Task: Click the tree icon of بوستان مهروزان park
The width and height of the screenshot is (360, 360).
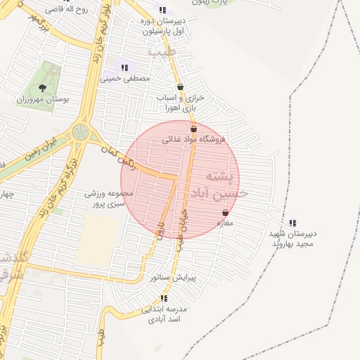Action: point(43,88)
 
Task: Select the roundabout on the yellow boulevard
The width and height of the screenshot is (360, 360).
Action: point(81,131)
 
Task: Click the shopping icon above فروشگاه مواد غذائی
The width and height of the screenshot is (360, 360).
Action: point(194,129)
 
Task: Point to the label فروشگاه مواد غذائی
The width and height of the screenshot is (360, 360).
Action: point(194,139)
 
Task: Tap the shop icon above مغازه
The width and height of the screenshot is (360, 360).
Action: point(225,212)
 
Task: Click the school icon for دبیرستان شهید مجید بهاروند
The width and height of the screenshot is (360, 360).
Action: point(293,223)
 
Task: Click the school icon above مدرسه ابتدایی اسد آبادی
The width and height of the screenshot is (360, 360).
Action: point(164,298)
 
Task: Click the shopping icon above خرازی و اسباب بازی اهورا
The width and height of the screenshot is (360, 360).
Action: point(181,86)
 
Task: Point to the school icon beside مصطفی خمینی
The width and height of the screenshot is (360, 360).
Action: point(124,68)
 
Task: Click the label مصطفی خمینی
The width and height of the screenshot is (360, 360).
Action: point(127,79)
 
